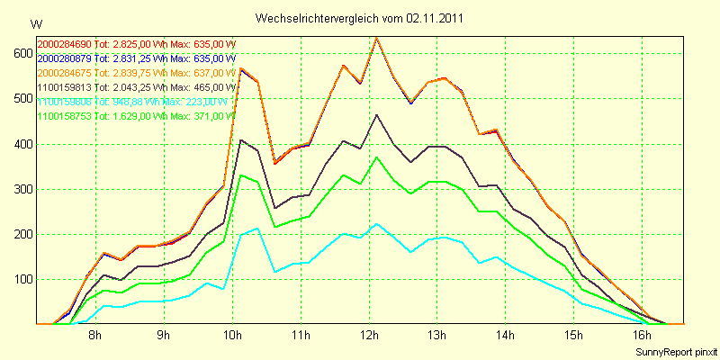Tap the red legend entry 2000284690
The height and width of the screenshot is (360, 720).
[64, 43]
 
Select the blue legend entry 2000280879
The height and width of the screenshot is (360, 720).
[64, 58]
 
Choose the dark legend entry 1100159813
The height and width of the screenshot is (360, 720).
[64, 87]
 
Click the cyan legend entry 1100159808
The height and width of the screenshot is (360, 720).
[64, 102]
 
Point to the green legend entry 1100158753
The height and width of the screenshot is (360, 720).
[64, 116]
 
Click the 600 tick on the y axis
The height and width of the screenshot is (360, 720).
[19, 53]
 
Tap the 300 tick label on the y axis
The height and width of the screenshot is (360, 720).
[19, 189]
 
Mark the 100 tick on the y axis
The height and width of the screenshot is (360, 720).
[19, 279]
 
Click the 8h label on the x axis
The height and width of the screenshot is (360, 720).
[94, 336]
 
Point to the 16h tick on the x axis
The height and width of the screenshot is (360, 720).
[643, 336]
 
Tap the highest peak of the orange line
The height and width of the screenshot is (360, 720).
[376, 38]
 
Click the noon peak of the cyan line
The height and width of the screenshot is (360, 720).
[376, 224]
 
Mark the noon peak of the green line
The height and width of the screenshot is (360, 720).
[376, 157]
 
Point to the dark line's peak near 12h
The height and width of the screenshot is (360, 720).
[376, 115]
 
